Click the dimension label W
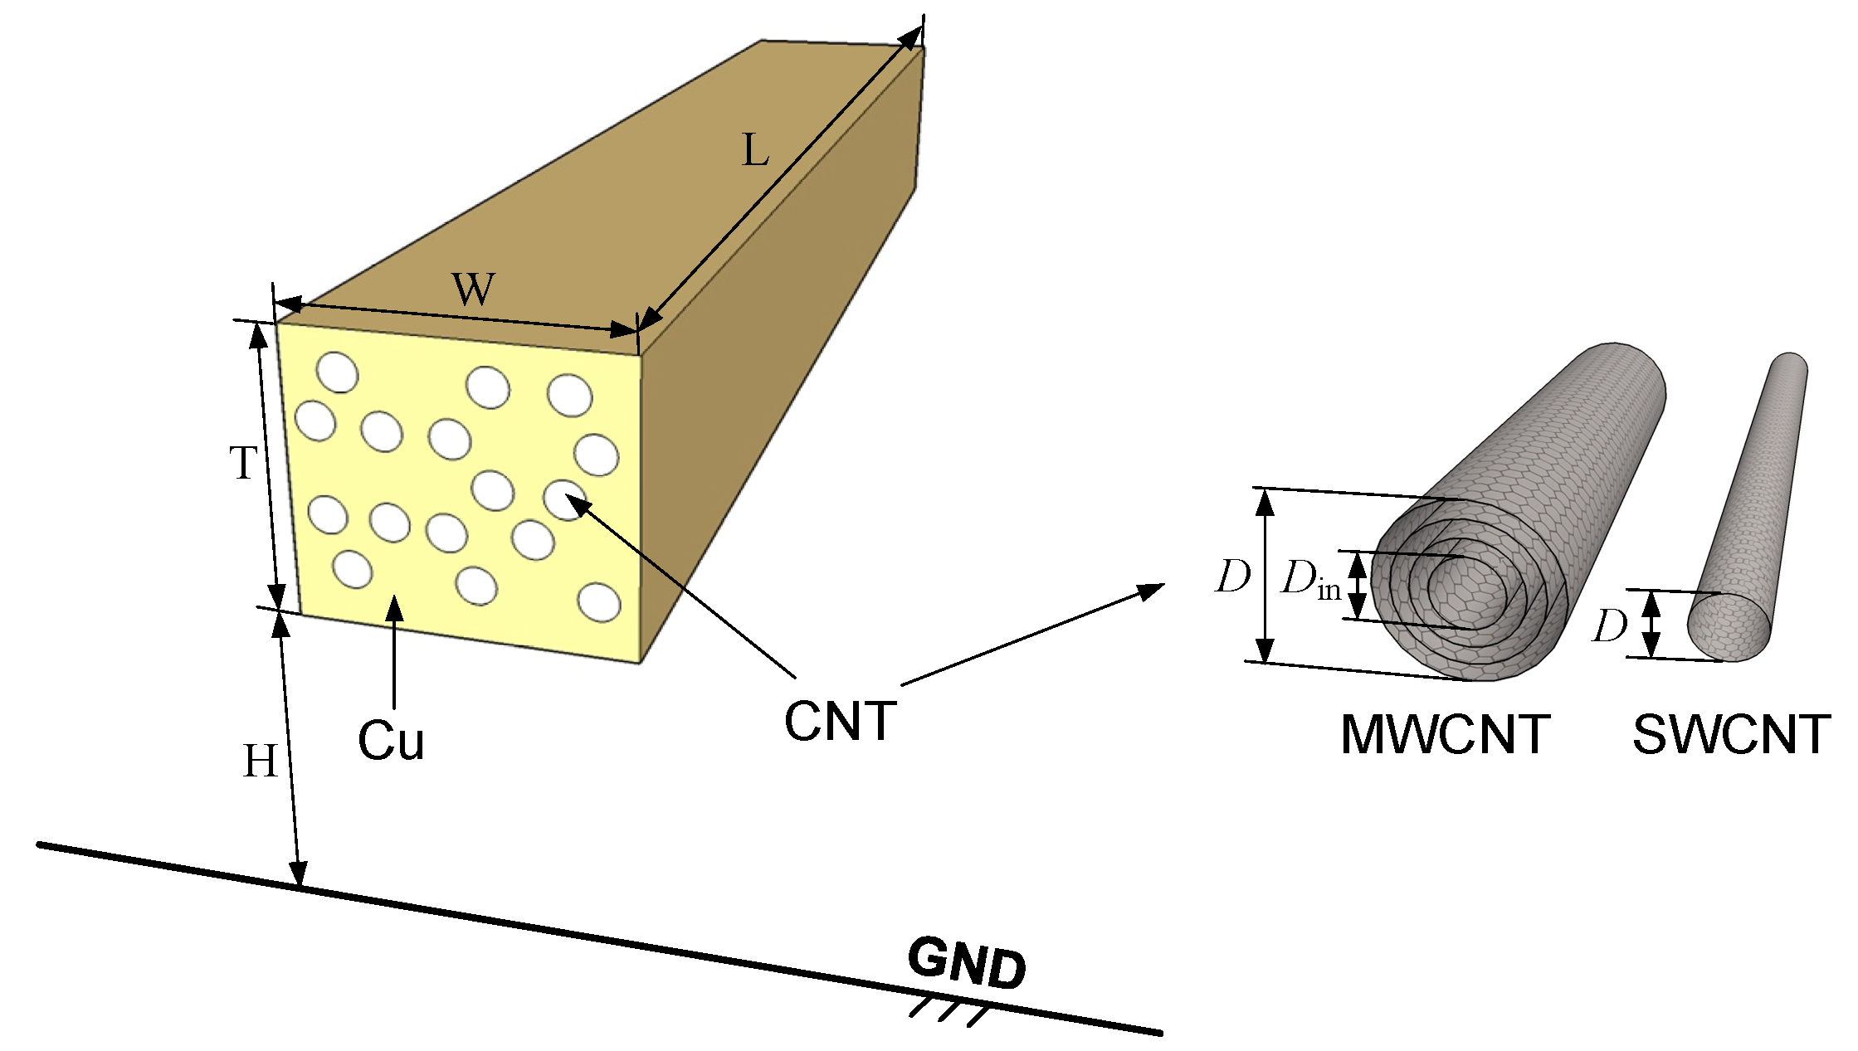coord(473,290)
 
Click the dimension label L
coord(755,151)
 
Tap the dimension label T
coord(243,463)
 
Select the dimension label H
coord(259,761)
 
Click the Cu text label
coord(391,741)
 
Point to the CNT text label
coord(840,721)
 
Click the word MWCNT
coord(1445,734)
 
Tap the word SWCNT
coord(1731,734)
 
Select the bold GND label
coord(967,964)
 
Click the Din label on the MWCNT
coord(1309,579)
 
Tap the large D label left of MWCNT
coord(1232,577)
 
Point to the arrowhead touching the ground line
coord(298,874)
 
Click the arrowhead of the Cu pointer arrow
coord(395,609)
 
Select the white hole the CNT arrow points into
coord(564,500)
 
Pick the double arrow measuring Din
coord(1356,586)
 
